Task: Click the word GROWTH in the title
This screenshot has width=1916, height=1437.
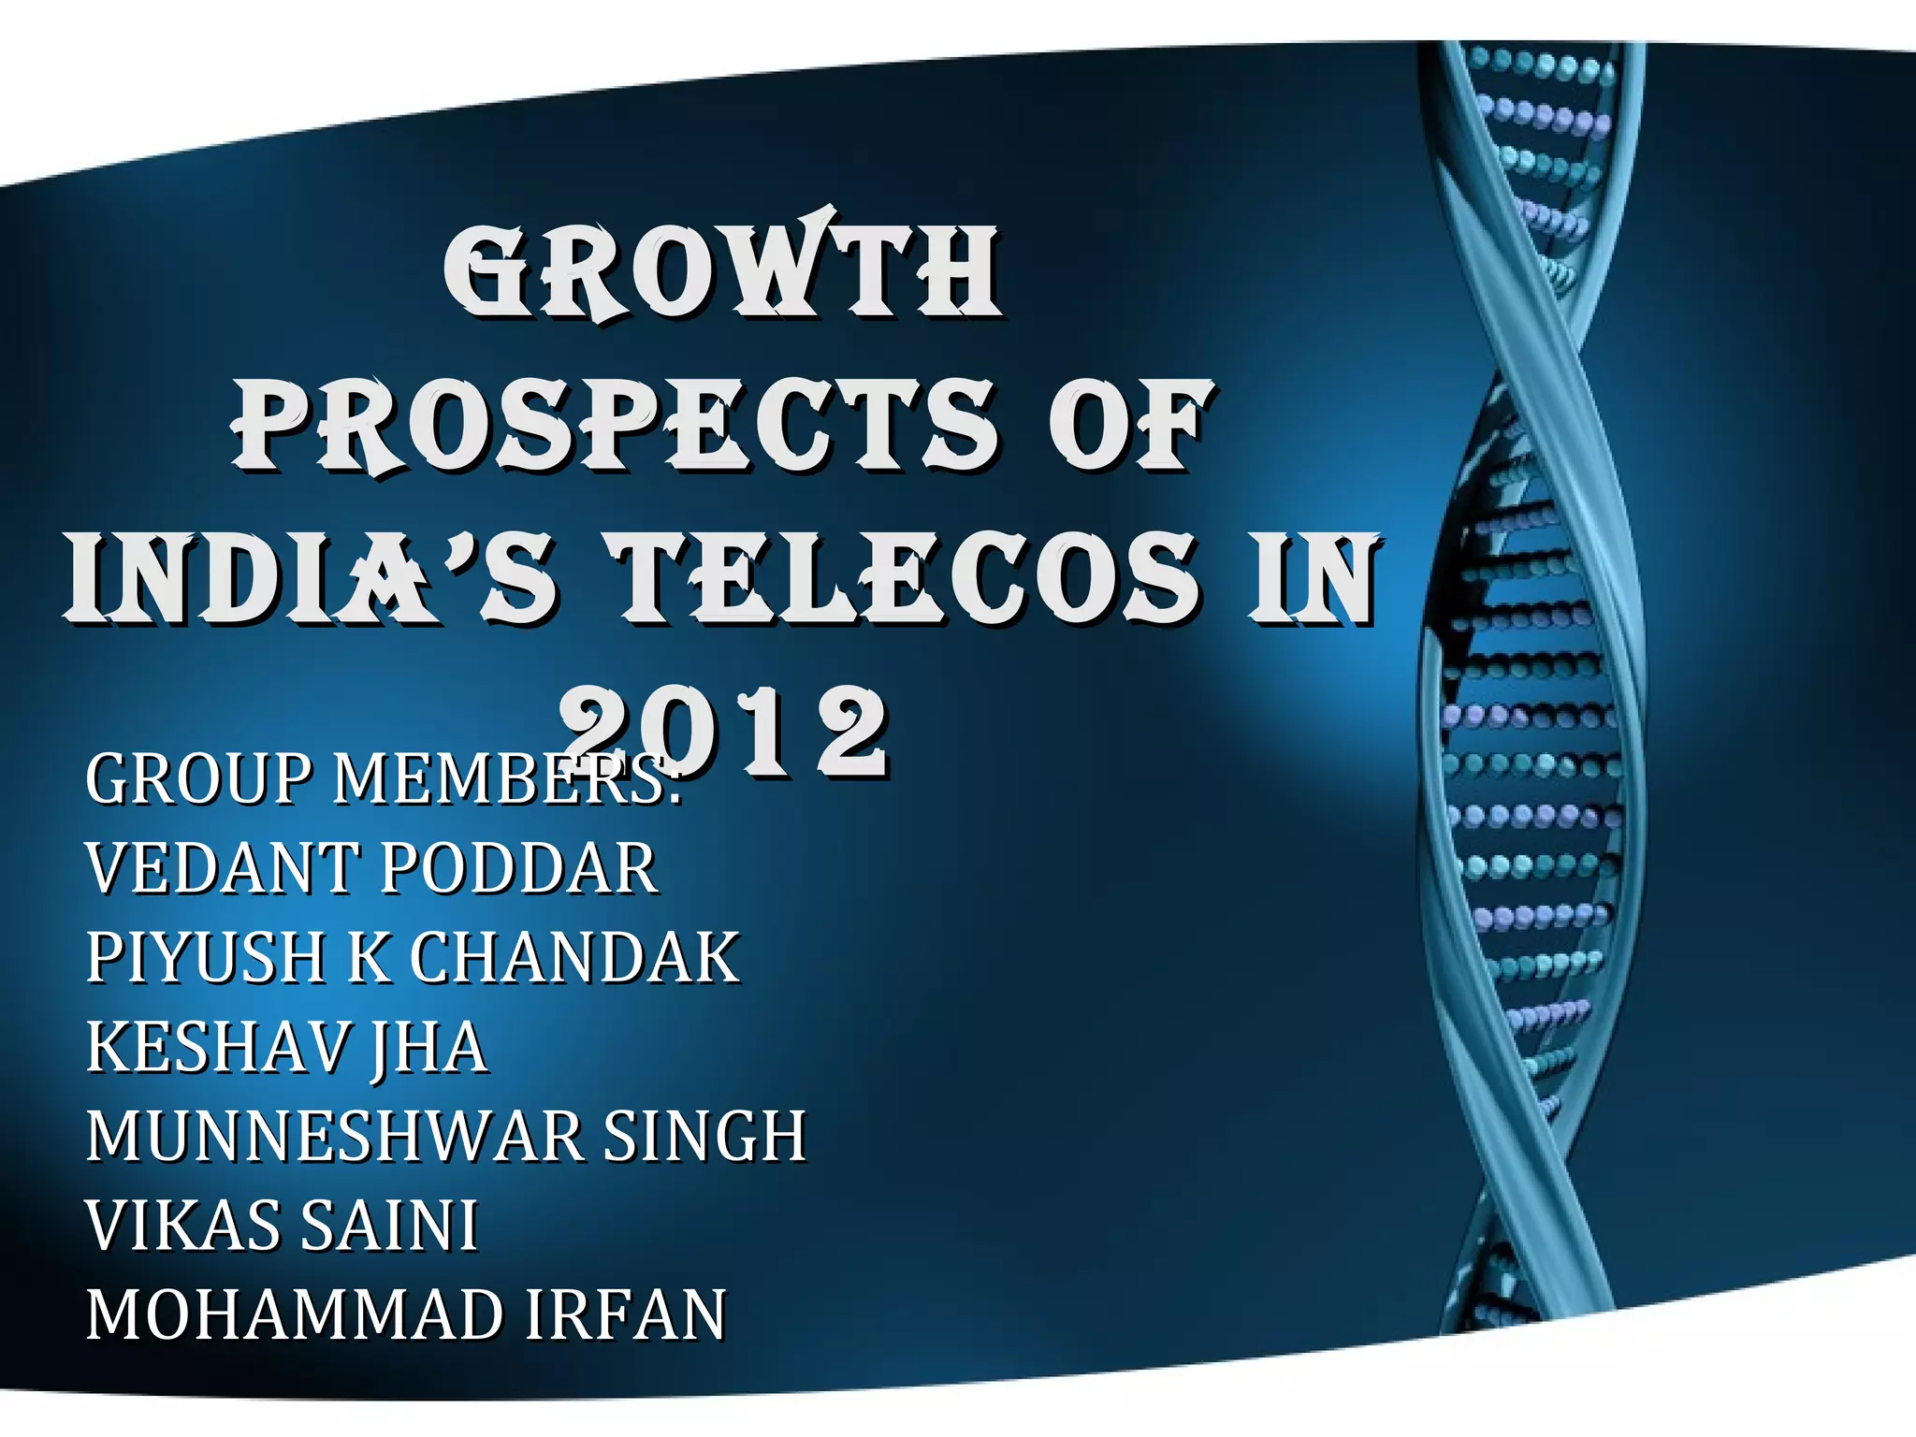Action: (722, 271)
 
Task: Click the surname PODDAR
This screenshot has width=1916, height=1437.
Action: (519, 869)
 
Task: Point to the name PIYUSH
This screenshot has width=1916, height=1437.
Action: (206, 958)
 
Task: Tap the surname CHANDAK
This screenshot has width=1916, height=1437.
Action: (575, 958)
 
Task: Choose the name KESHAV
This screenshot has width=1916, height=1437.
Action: (217, 1048)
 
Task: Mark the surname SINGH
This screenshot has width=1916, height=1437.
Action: (704, 1137)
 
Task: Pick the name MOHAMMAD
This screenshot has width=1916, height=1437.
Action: (294, 1315)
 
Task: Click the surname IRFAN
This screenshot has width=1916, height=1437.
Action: (625, 1315)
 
